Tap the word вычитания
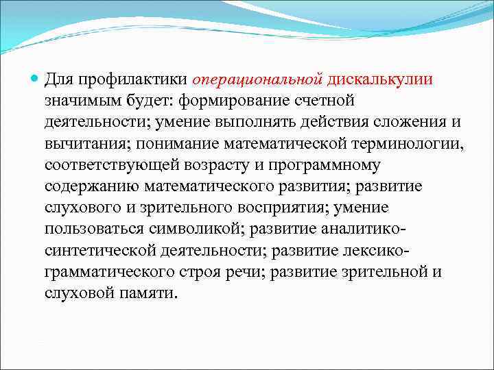[86, 145]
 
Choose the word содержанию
[89, 187]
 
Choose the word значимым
[81, 102]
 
